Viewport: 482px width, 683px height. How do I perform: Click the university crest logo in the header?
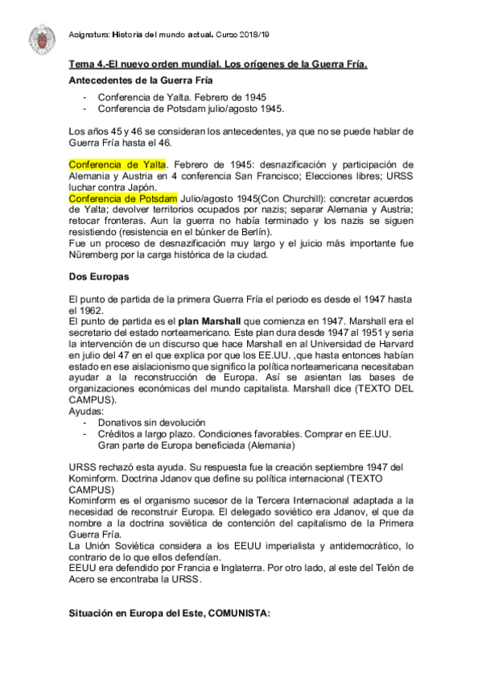pos(39,36)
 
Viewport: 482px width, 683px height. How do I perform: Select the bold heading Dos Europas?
pos(93,277)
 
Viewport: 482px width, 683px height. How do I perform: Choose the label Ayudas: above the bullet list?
pos(87,411)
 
